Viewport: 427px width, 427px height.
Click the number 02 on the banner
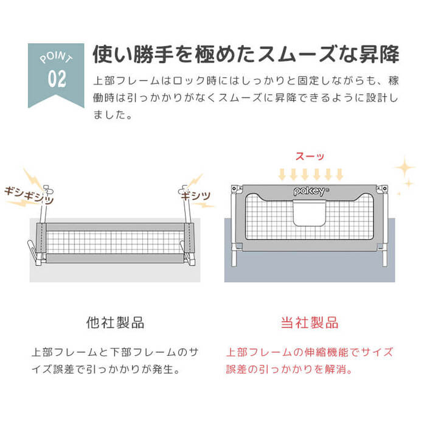57,79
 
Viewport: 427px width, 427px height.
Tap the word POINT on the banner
57,57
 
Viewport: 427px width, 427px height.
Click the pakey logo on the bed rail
310,191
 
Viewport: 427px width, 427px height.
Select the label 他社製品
115,323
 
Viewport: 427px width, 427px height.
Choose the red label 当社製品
310,323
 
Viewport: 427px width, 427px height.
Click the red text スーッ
310,156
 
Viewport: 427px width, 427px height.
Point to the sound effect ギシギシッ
29,195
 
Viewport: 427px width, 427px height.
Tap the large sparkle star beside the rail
405,167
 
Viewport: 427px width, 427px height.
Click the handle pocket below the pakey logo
310,213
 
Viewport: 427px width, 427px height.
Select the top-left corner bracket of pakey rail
237,189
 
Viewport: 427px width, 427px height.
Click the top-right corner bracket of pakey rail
383,189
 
